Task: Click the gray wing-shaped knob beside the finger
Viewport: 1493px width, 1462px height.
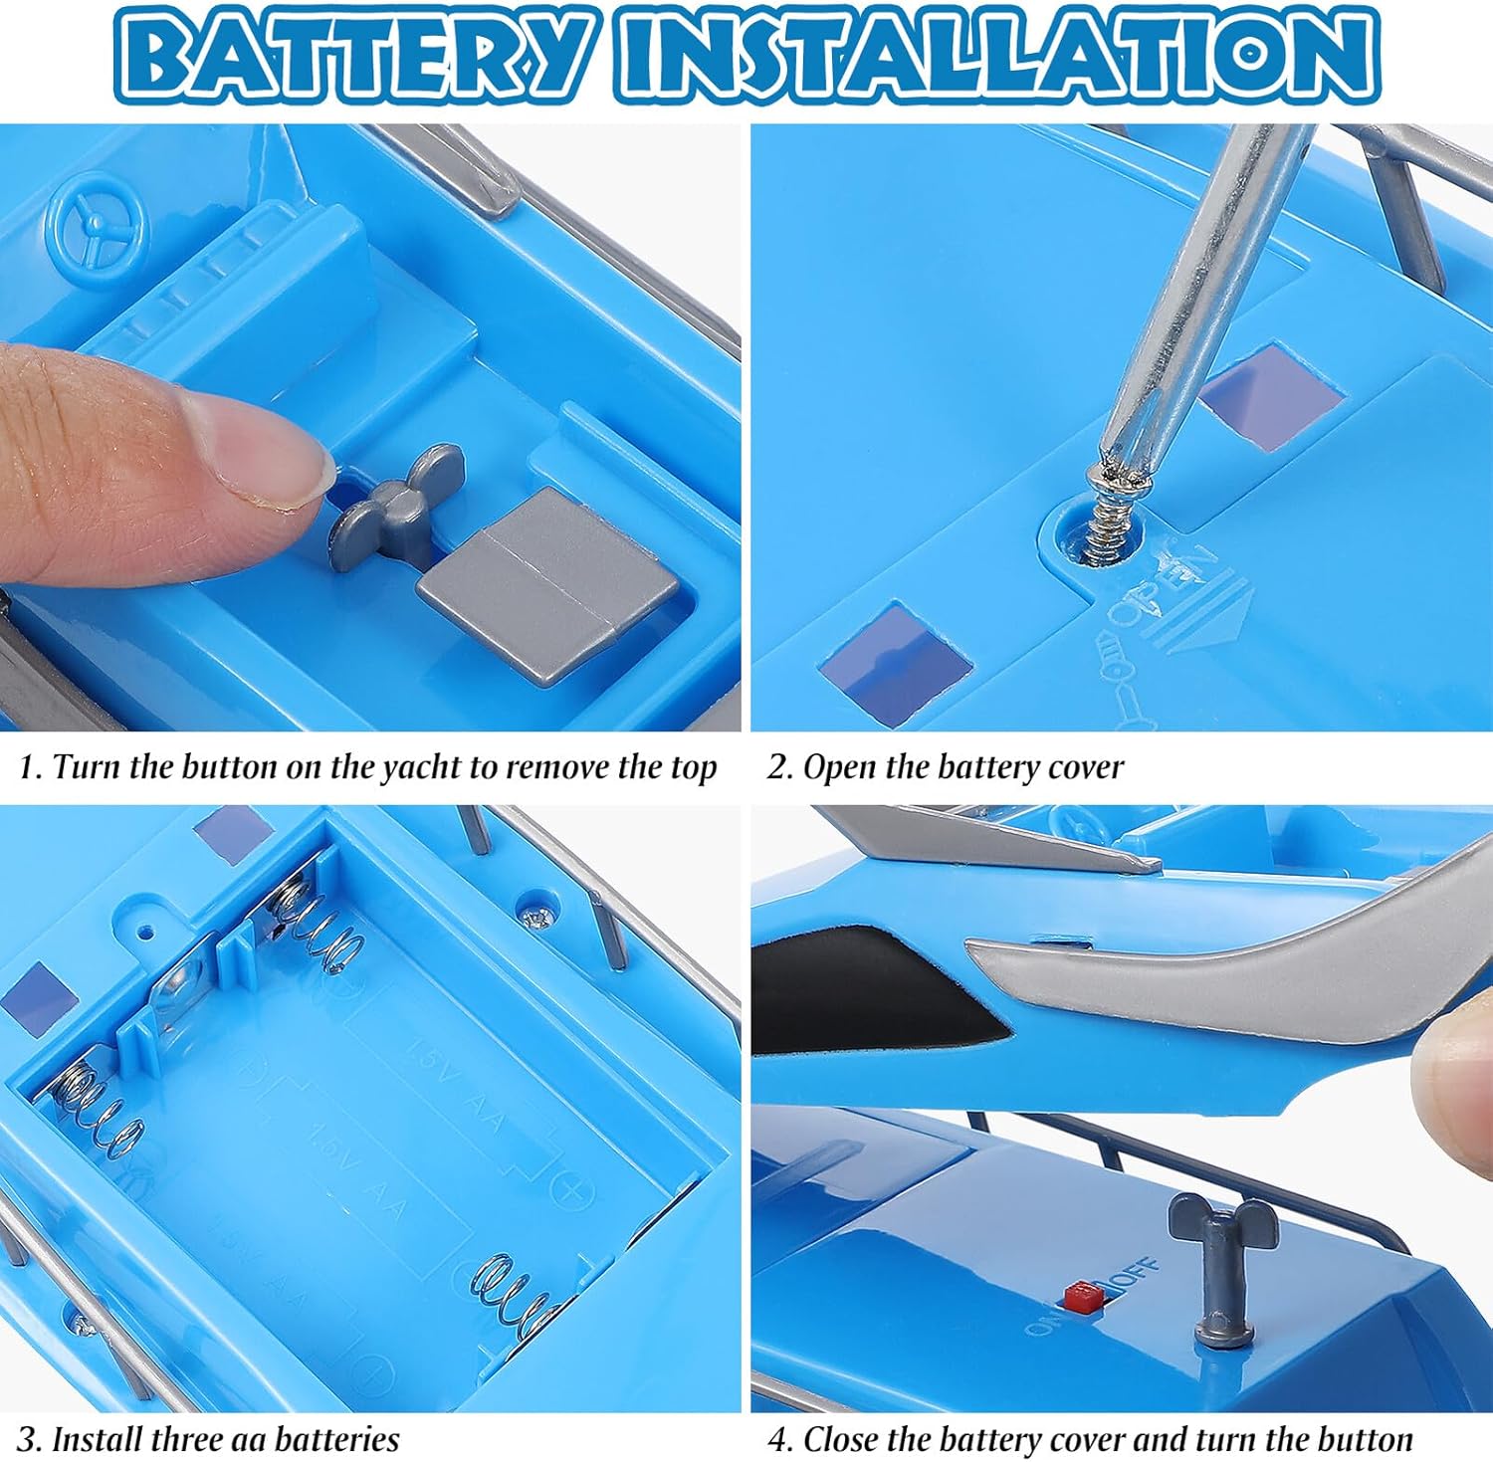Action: point(395,506)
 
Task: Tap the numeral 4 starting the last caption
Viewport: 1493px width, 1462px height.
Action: point(776,1440)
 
